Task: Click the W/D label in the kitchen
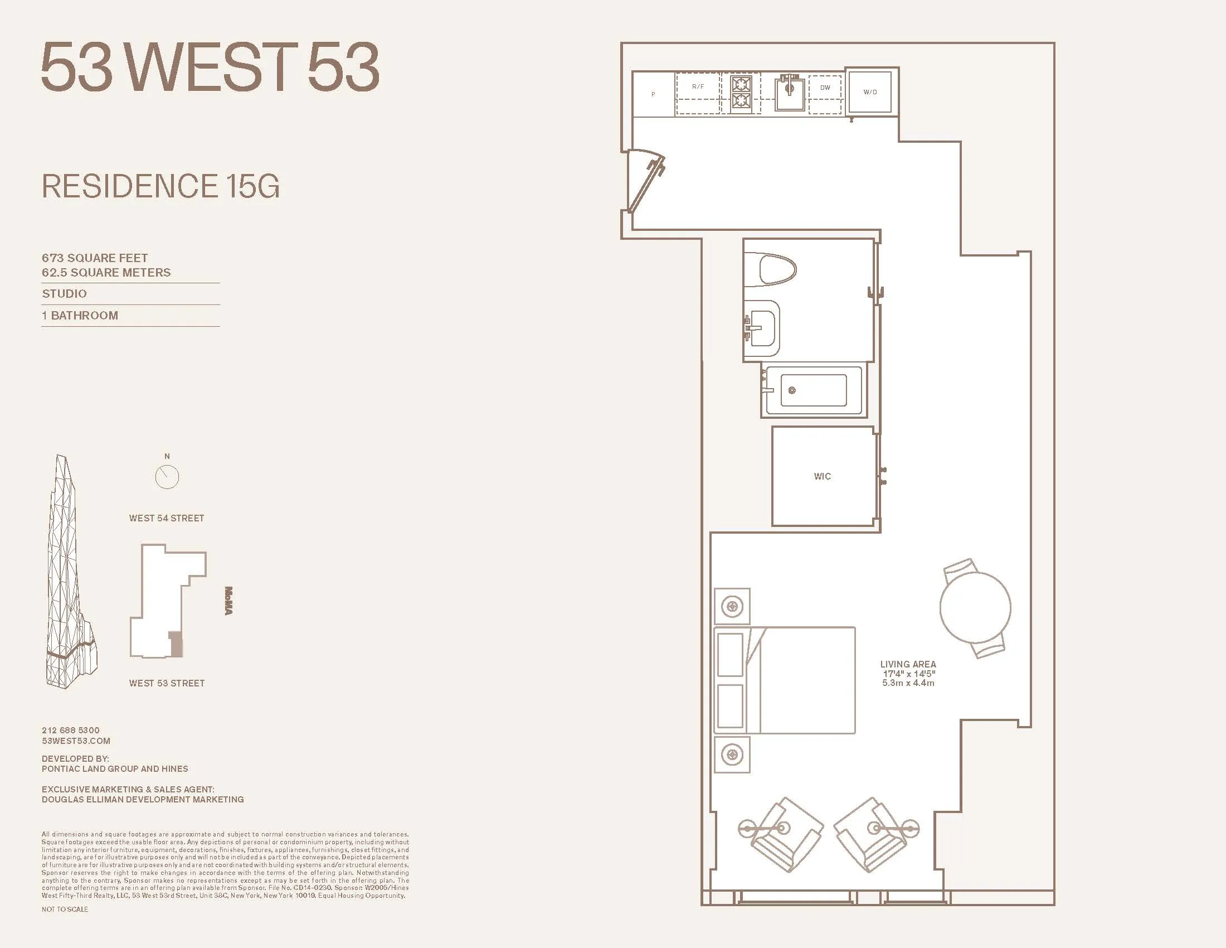point(870,92)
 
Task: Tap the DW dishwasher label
point(825,88)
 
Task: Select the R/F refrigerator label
point(698,86)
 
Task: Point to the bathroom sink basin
point(762,328)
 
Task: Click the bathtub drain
point(792,390)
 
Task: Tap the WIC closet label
point(822,476)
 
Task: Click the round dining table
point(975,608)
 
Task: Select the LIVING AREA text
point(908,664)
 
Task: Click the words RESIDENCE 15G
point(160,186)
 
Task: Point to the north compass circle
point(167,477)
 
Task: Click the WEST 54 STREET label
point(166,519)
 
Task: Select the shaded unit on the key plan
point(176,644)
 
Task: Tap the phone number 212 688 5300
point(71,730)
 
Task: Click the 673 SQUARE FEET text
point(95,258)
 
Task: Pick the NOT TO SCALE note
point(65,910)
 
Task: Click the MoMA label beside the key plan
point(228,601)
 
